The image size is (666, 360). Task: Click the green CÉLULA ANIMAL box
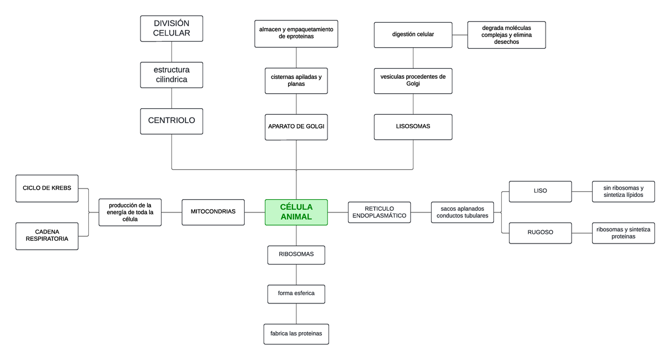[296, 212]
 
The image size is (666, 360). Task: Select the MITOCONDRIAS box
[213, 212]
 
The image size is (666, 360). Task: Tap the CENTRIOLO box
[171, 121]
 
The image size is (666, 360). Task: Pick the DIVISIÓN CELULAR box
[171, 28]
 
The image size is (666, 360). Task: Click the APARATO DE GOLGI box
[296, 127]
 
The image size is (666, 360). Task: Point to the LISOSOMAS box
[413, 127]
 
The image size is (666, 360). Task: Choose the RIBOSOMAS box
[296, 255]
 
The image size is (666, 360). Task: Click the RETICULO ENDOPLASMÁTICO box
[380, 212]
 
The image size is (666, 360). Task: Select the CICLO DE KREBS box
[47, 189]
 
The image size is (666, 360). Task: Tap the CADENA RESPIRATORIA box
[47, 236]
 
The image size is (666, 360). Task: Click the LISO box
[540, 191]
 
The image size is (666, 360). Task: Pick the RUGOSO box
[540, 233]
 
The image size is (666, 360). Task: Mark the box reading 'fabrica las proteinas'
[296, 334]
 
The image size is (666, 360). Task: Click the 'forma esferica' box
[296, 294]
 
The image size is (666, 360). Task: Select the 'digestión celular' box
[413, 35]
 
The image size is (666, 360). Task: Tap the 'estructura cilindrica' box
[171, 75]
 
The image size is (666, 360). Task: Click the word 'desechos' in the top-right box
[506, 42]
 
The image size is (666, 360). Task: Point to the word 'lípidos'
[634, 195]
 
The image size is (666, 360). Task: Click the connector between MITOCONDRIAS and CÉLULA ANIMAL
[255, 212]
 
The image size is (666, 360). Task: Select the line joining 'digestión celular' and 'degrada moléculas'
[460, 35]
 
